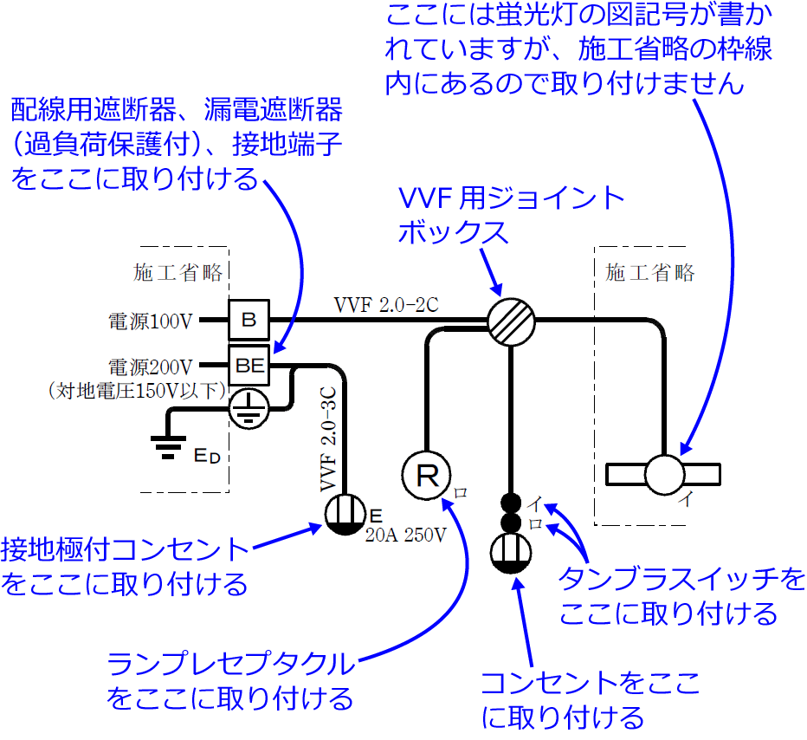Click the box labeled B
pos(249,320)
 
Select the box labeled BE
pos(249,365)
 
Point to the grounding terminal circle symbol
pos(249,406)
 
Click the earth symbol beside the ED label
pos(164,444)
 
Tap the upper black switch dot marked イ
pos(511,502)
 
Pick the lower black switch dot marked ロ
pos(511,523)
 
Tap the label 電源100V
pos(149,321)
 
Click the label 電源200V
pos(149,366)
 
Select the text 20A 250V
pos(405,536)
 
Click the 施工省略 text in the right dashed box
pos(650,272)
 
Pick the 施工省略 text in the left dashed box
pos(178,272)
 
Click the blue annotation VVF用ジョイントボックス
pos(511,215)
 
